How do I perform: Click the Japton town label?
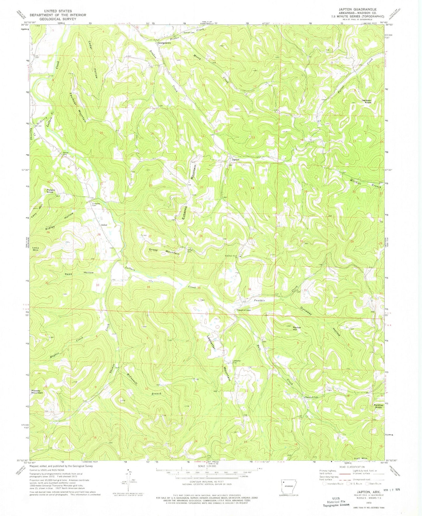tap(235, 160)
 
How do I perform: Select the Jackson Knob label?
tap(366, 102)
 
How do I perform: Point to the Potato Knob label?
tap(51, 191)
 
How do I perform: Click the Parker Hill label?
tap(297, 328)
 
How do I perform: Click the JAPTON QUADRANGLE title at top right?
tap(361, 9)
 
